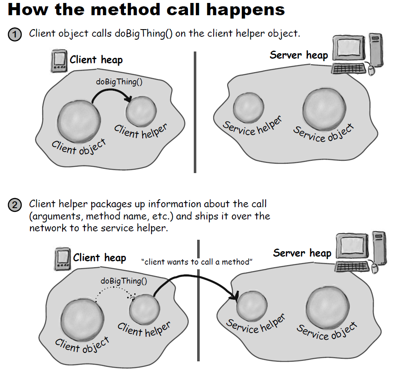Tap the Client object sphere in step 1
click(79, 122)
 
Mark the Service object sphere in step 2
click(328, 307)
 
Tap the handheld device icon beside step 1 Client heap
click(59, 62)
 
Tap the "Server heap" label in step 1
click(298, 55)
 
